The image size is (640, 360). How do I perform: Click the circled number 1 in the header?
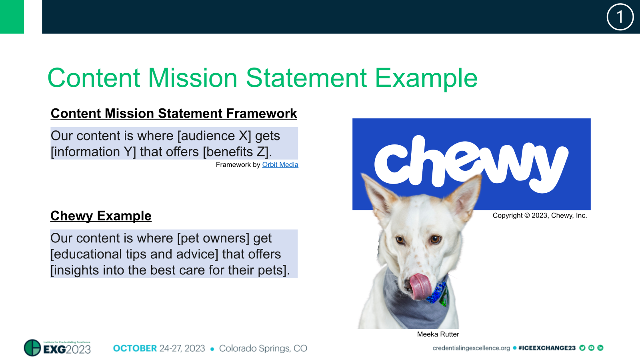[620, 17]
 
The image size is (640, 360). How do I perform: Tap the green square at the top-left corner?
[12, 16]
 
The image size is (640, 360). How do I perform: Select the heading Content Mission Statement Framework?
[174, 113]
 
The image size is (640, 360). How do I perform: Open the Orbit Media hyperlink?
[280, 165]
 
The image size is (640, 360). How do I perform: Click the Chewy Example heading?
[101, 216]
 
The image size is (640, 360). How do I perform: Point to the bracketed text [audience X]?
[214, 136]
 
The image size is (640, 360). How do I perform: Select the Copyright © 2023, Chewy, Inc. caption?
[540, 216]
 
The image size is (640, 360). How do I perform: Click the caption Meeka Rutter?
[438, 334]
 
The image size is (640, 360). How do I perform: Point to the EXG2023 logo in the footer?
[58, 348]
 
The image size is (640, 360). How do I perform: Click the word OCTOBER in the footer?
[135, 348]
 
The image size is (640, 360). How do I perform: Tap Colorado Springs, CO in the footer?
[263, 348]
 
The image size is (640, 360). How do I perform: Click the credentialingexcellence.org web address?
[471, 348]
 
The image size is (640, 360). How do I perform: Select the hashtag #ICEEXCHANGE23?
[547, 348]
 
